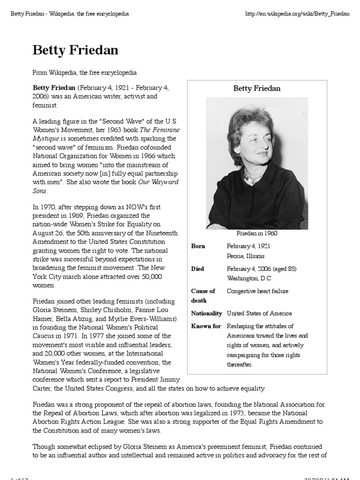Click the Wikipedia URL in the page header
[298, 14]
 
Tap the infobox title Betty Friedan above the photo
[257, 88]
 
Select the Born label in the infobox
[198, 246]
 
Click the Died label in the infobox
[197, 269]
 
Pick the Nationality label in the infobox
[206, 313]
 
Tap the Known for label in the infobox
[206, 326]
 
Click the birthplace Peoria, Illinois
[246, 256]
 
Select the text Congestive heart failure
[257, 291]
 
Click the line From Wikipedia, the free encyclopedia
[84, 73]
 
